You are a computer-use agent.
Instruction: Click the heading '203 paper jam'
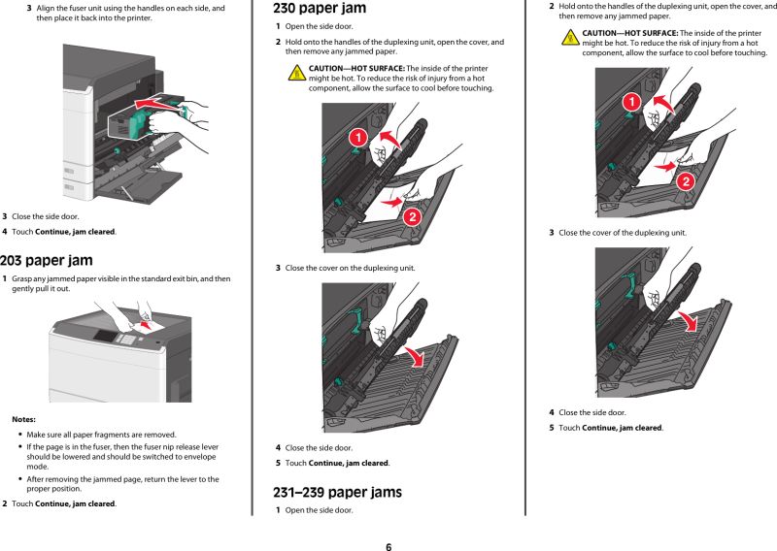click(x=47, y=260)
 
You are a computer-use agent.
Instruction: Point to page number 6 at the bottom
click(x=388, y=546)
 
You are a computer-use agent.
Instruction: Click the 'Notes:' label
click(x=24, y=419)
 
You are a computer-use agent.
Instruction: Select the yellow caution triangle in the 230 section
click(x=298, y=73)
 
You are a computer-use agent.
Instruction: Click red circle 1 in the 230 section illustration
click(x=356, y=140)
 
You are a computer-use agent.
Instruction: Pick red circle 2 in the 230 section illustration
click(x=411, y=215)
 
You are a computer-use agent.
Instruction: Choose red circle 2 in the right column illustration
click(x=685, y=179)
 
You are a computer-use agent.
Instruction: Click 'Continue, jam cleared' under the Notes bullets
click(x=75, y=503)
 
